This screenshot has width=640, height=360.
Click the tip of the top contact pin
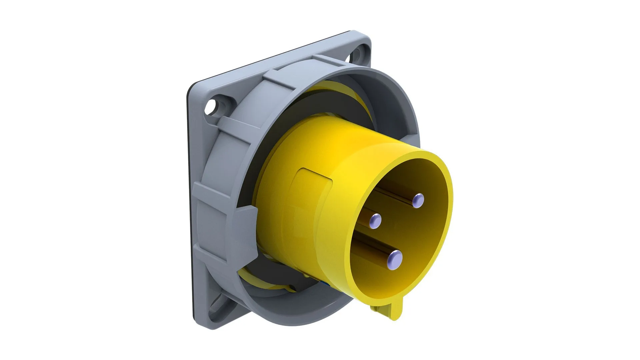418,201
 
